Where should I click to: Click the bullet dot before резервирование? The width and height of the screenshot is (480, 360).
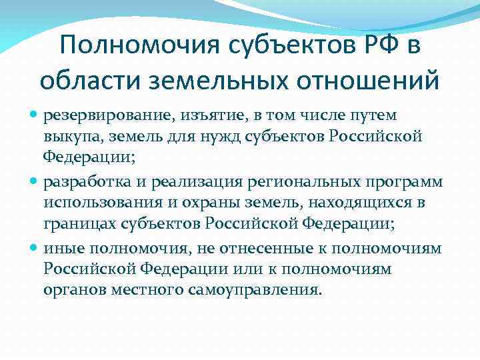(34, 116)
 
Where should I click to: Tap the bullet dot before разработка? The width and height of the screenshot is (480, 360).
(34, 182)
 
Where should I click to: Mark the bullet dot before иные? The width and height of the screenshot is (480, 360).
(34, 248)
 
